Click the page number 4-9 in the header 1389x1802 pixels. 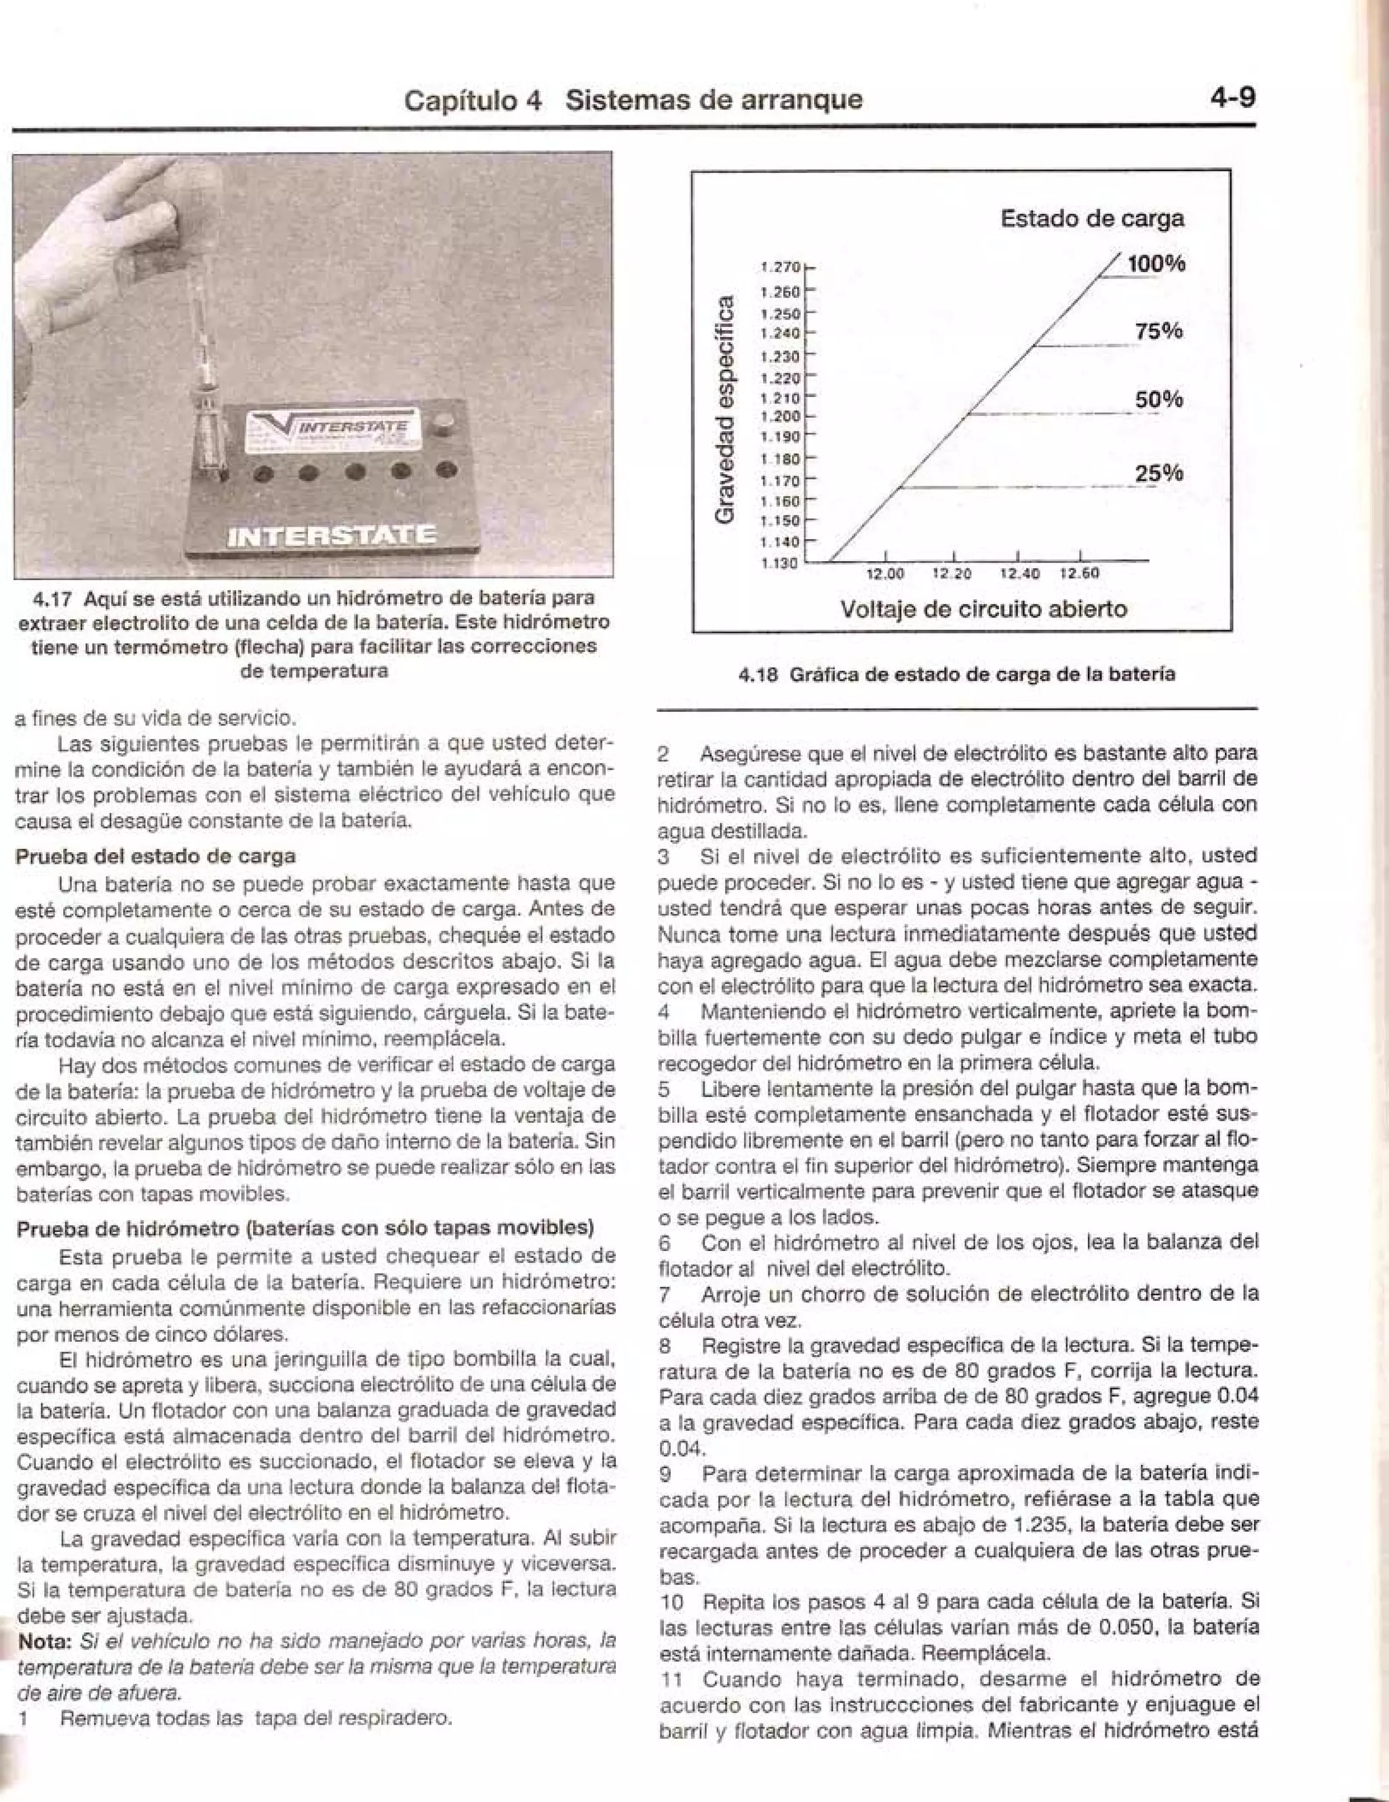coord(1232,98)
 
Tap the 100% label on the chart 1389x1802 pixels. coord(1156,264)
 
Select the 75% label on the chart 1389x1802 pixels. coord(1159,332)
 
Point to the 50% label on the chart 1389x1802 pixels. coord(1159,400)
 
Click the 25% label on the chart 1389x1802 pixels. coord(1159,474)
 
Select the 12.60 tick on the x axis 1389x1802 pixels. coord(1080,573)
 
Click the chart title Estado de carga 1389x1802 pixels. coord(1092,218)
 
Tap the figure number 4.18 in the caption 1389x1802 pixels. coord(756,675)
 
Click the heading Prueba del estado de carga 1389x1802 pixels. coord(155,856)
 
